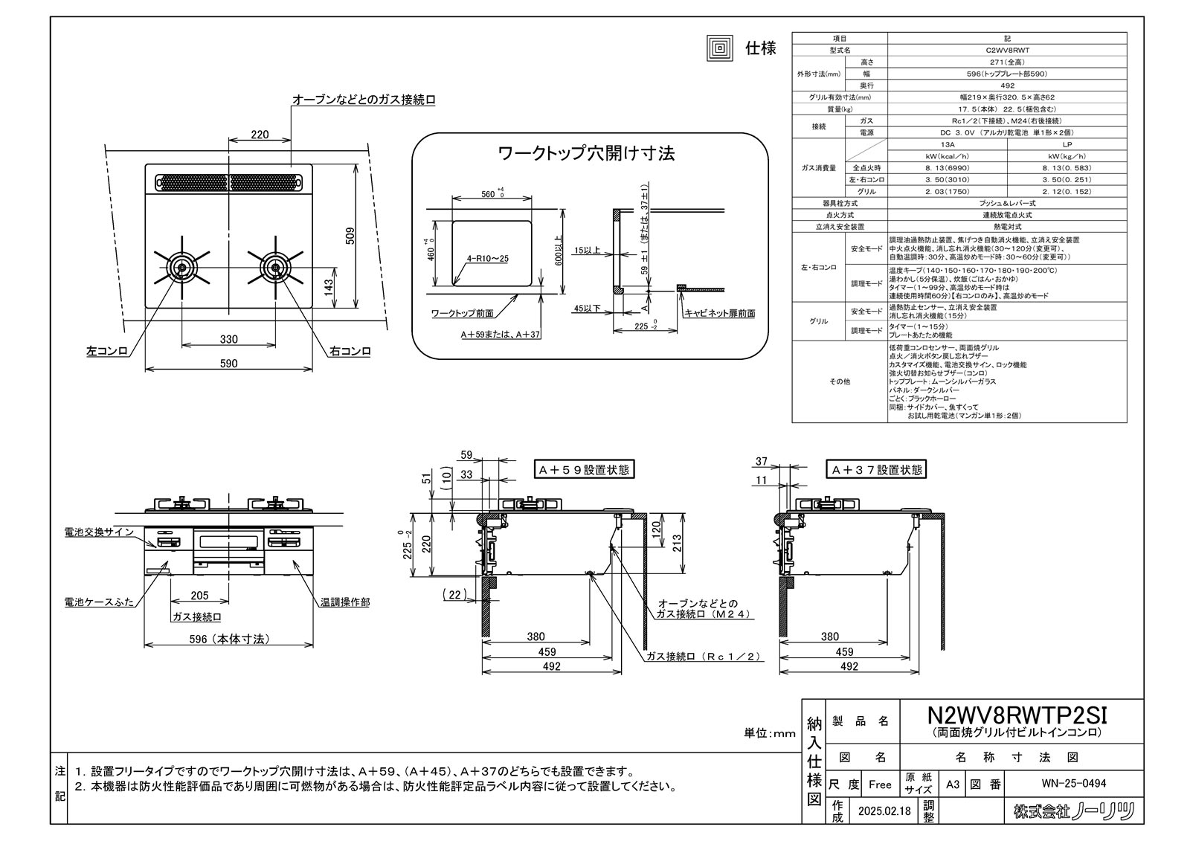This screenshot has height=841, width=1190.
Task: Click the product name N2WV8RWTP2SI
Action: click(x=1017, y=715)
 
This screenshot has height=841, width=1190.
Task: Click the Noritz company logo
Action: click(x=1075, y=811)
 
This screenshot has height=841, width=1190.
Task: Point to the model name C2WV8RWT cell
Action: click(x=1007, y=50)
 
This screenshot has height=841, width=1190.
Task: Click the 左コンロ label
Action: click(x=108, y=351)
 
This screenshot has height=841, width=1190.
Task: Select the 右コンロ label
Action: click(x=350, y=351)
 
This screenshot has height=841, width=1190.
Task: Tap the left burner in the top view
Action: click(x=181, y=268)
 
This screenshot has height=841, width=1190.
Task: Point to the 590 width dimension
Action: click(x=229, y=364)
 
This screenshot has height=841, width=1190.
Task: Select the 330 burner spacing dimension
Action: click(x=229, y=339)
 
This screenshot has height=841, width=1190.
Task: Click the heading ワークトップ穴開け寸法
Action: click(x=585, y=154)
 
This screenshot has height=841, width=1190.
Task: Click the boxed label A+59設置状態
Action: click(x=584, y=470)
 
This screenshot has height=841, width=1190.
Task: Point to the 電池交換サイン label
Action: click(x=99, y=532)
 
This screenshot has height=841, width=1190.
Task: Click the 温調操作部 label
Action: click(x=345, y=602)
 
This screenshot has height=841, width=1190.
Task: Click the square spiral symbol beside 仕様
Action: click(x=719, y=48)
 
